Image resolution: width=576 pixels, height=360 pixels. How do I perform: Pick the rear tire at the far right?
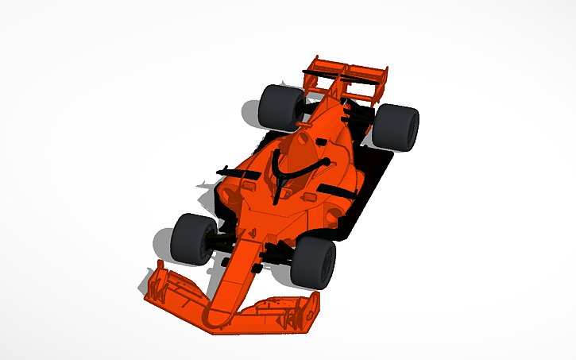(396, 127)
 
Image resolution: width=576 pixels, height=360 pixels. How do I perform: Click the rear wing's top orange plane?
(350, 68)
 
